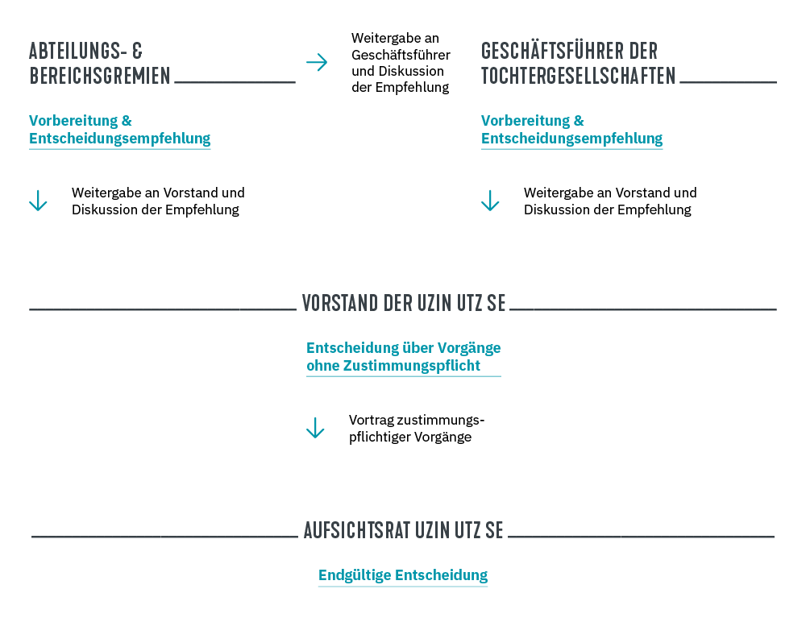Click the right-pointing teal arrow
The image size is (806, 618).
pos(317,62)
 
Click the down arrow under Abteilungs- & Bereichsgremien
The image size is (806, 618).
pos(38,201)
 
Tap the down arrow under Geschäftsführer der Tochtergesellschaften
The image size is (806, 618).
pos(490,201)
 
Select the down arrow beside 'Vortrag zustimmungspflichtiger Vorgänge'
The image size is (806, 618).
pos(315,428)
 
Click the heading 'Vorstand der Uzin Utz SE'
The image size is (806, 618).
pos(404,303)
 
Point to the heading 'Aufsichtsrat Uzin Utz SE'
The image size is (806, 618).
pos(403,530)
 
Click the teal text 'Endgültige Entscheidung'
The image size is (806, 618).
pos(403,575)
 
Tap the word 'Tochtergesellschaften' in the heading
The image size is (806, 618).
pos(579,77)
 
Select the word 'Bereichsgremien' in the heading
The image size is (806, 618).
pos(100,77)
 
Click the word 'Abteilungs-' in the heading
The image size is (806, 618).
pos(77,52)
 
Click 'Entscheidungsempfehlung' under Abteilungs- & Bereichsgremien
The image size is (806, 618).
pos(120,139)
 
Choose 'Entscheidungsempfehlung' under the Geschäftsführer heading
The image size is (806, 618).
pos(572,139)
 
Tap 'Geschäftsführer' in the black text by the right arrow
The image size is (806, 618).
pos(401,55)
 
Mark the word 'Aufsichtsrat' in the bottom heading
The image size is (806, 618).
pos(355,530)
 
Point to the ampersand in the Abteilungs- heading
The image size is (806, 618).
pos(136,52)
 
